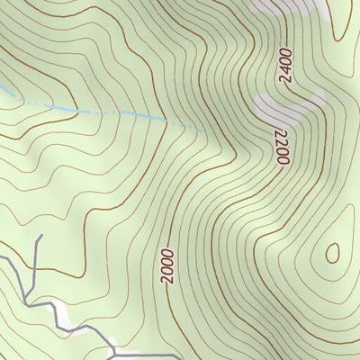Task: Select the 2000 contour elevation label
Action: click(x=168, y=266)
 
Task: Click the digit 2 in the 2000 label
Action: click(x=167, y=280)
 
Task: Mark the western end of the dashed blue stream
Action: click(x=1, y=88)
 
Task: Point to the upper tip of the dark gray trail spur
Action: click(x=41, y=236)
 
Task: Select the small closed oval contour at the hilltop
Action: click(x=332, y=253)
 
